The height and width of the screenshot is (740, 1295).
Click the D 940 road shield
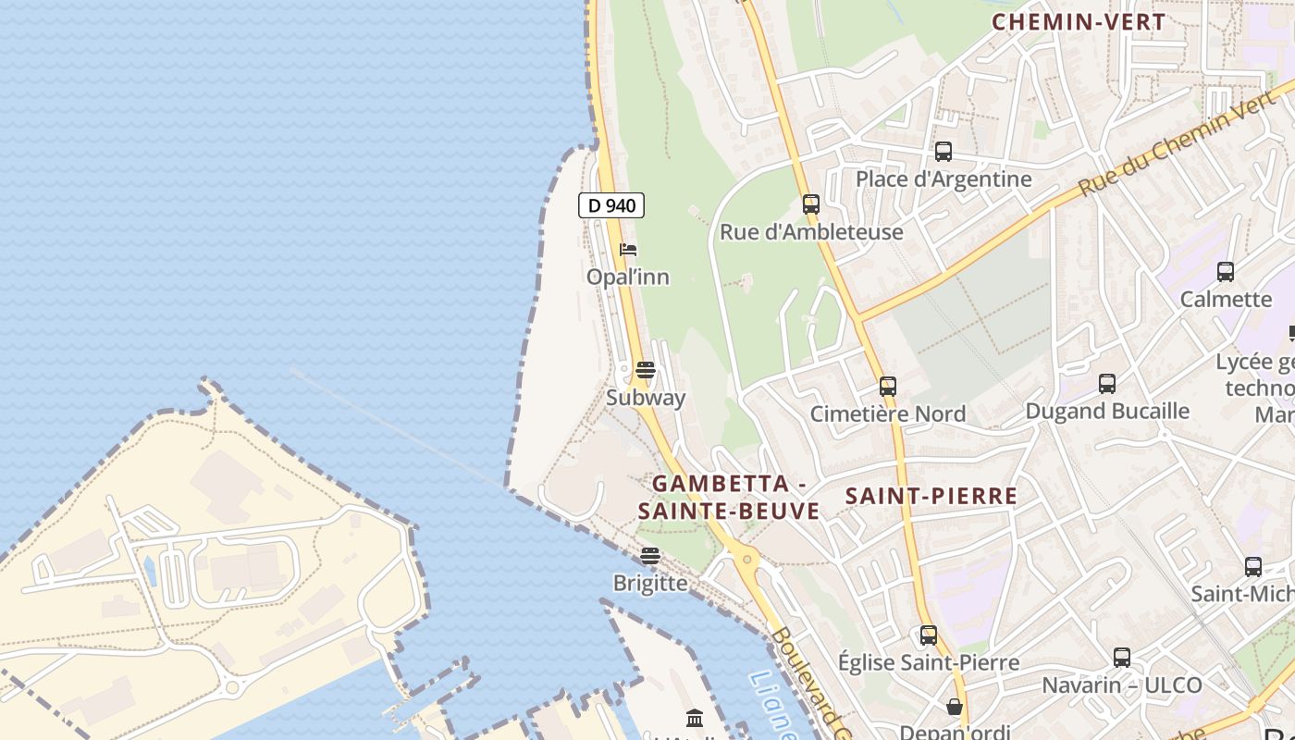(x=611, y=205)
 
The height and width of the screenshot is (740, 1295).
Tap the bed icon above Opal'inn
(x=628, y=250)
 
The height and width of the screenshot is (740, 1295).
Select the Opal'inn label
(x=628, y=277)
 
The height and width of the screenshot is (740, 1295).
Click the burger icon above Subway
(x=646, y=371)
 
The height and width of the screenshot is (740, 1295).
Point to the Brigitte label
(x=650, y=583)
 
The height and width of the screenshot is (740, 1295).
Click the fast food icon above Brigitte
(x=650, y=556)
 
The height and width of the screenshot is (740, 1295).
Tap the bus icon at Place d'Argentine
(x=943, y=152)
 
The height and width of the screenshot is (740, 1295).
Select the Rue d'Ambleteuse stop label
(x=811, y=231)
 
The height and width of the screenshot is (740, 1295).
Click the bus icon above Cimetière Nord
(x=888, y=387)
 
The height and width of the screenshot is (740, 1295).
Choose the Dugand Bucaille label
(x=1106, y=410)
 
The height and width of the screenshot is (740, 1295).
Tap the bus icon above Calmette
(x=1226, y=272)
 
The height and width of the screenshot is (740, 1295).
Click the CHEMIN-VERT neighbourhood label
(x=1079, y=22)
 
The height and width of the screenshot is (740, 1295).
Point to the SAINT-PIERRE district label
(x=931, y=496)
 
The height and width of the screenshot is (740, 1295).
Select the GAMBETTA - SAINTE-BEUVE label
(x=729, y=497)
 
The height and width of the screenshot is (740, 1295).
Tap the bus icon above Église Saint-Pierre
(x=929, y=635)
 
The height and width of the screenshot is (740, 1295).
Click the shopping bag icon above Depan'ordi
(x=955, y=707)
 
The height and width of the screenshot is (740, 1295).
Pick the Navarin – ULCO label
(x=1121, y=685)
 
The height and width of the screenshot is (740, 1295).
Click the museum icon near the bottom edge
(x=695, y=718)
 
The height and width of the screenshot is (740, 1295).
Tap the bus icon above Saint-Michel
(x=1253, y=567)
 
